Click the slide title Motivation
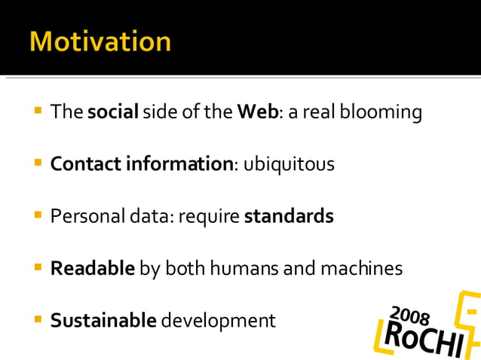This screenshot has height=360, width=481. (100, 41)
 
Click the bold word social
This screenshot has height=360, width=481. (113, 113)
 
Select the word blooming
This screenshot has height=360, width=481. (381, 113)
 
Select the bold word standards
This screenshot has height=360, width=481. (289, 217)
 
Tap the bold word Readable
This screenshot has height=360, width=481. (93, 268)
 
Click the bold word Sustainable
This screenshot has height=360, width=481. (103, 321)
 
